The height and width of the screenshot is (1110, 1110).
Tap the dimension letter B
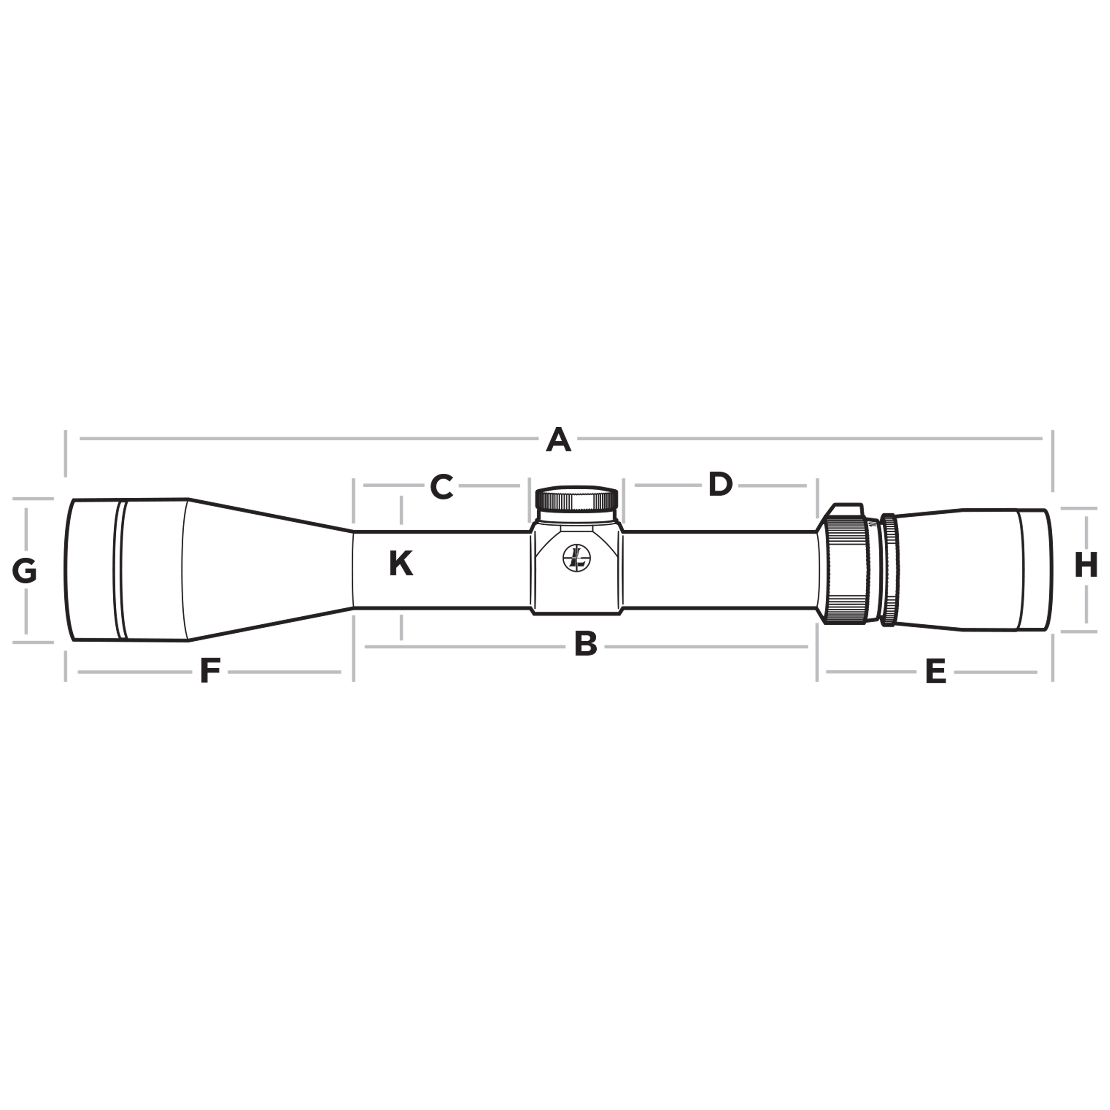pos(586,645)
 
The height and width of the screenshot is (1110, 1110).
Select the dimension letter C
pos(442,487)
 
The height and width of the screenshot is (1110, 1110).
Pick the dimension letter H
pos(1086,565)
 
